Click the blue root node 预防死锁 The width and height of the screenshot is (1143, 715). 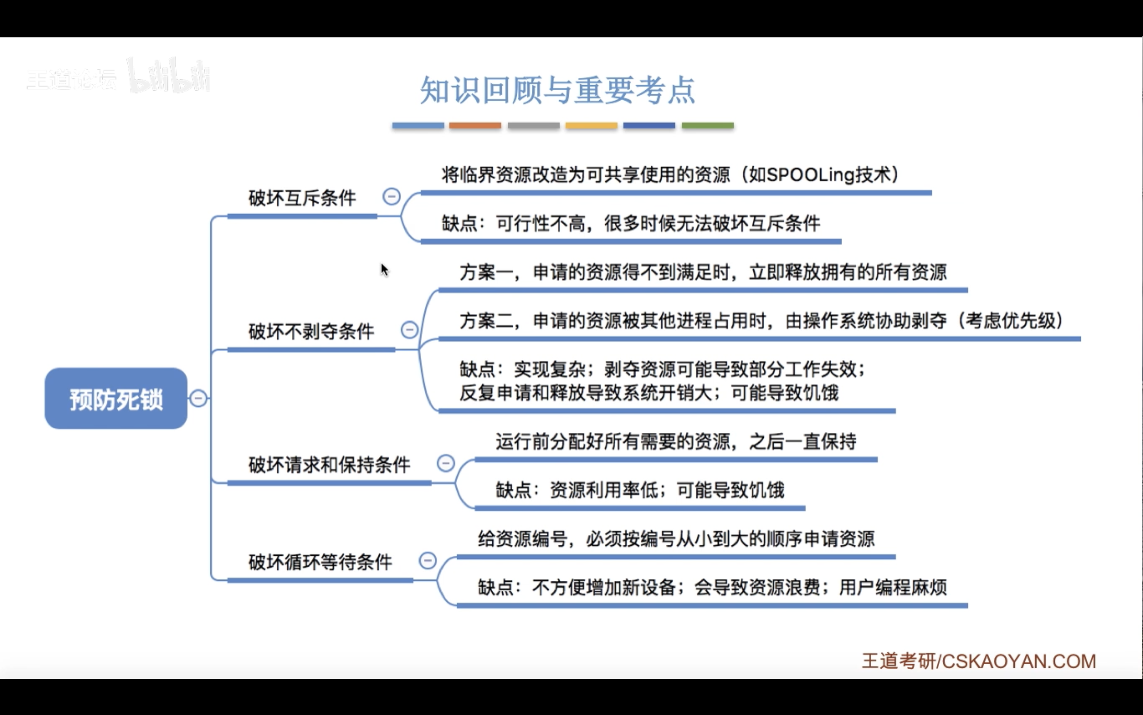click(116, 399)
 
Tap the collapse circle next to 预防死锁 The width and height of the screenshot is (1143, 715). click(199, 398)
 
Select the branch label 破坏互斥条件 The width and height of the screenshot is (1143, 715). click(302, 198)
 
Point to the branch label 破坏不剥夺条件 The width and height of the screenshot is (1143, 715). click(311, 331)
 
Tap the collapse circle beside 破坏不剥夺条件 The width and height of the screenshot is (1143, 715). click(409, 329)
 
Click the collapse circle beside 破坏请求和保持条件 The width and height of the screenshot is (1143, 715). click(446, 463)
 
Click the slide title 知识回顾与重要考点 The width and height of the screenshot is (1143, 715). click(557, 90)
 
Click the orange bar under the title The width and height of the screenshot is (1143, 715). click(475, 125)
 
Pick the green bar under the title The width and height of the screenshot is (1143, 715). click(708, 125)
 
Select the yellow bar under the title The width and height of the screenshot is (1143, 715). click(591, 125)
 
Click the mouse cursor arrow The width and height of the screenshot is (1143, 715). click(384, 270)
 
